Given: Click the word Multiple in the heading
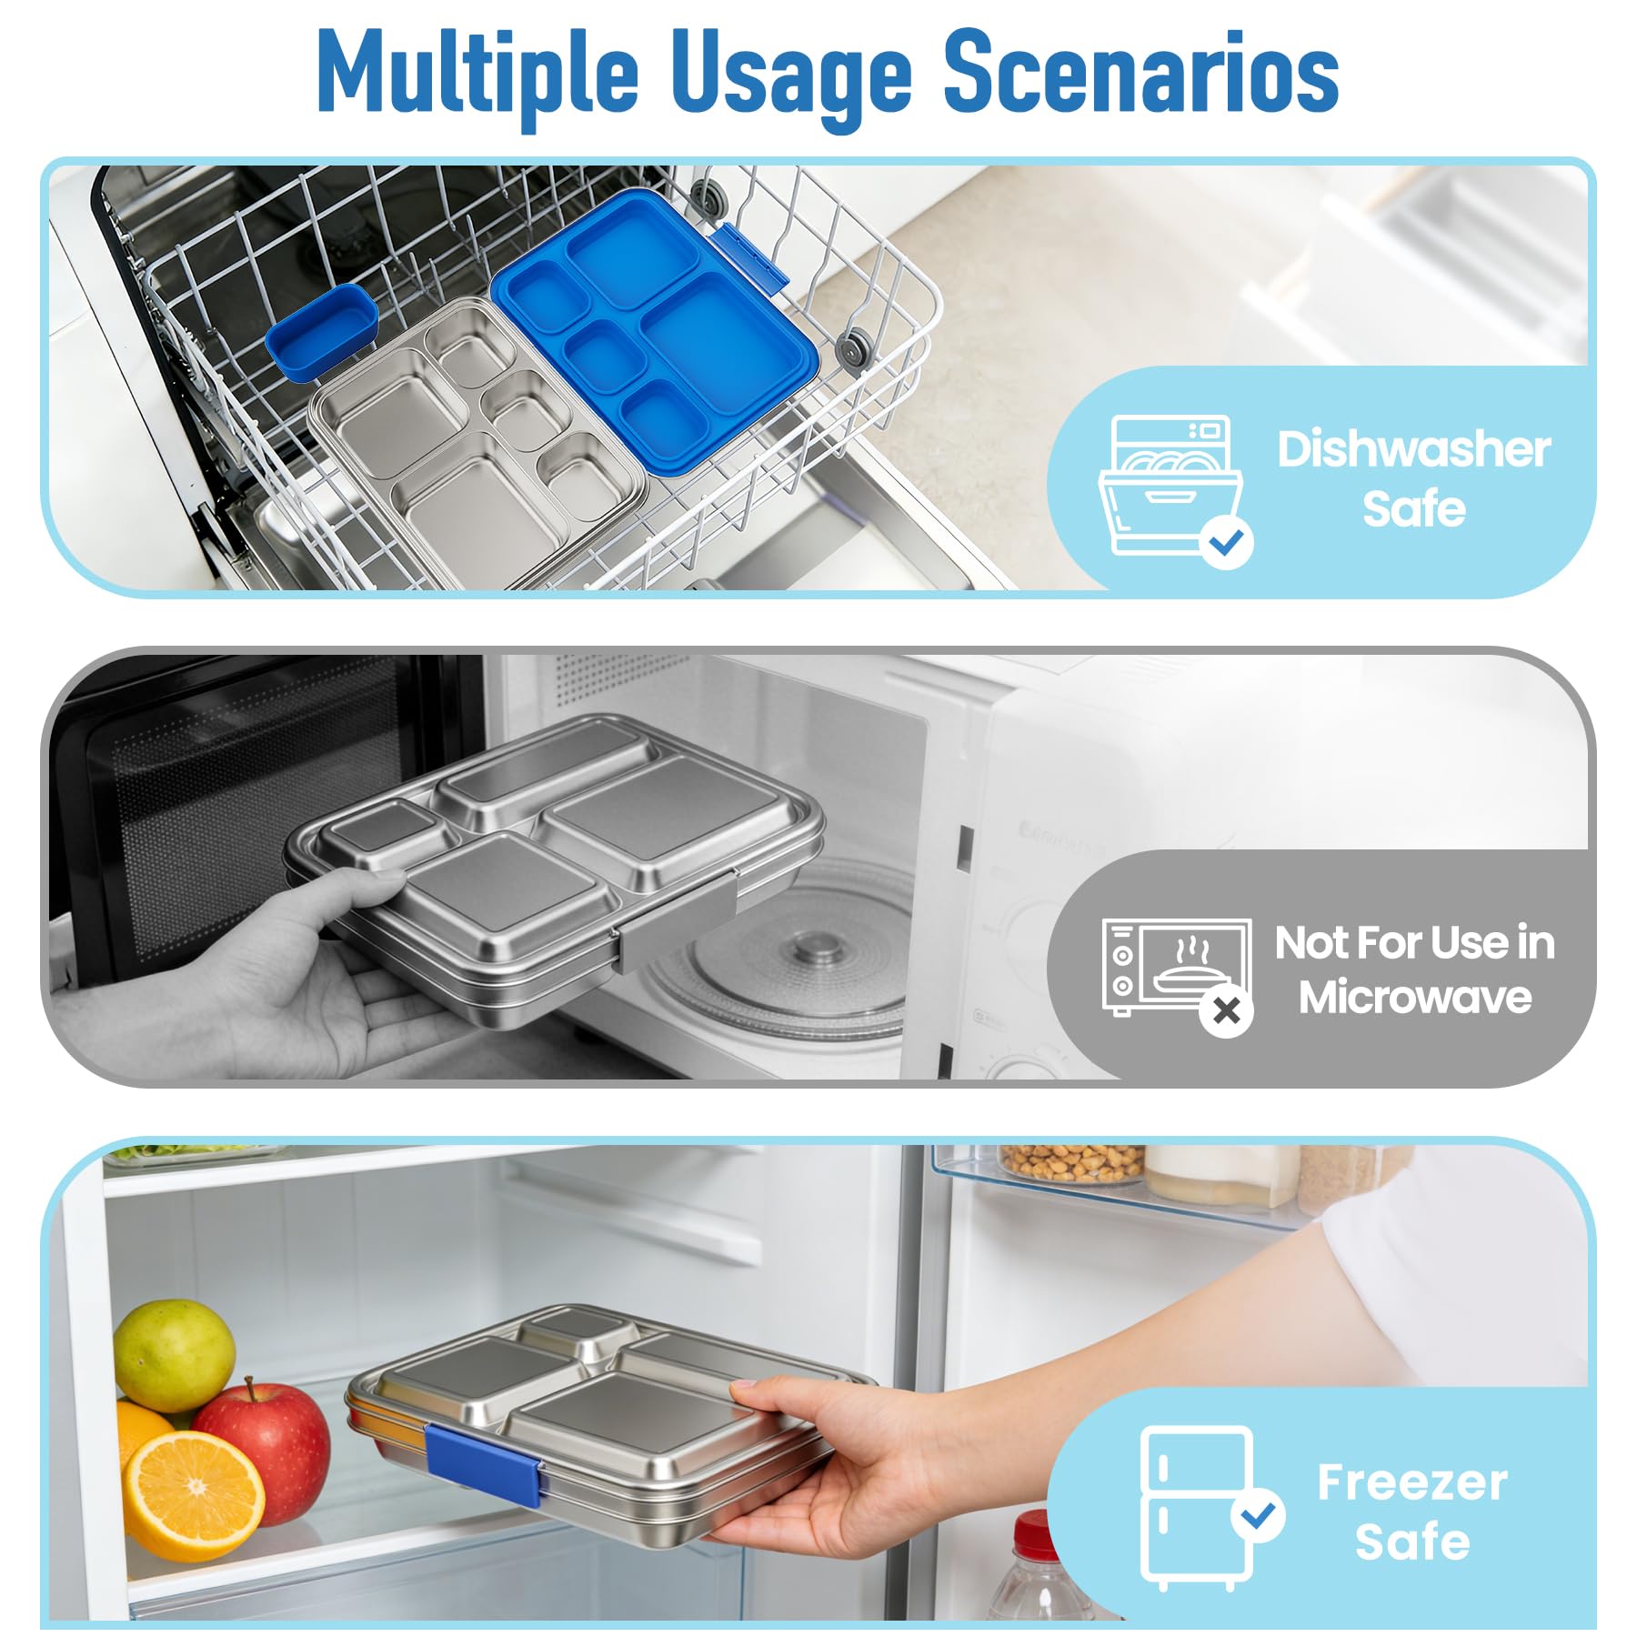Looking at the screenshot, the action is click(x=477, y=75).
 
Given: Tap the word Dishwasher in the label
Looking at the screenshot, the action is click(x=1413, y=449).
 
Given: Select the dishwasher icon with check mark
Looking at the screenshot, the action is click(x=1173, y=492).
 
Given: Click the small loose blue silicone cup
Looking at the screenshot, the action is click(x=322, y=330).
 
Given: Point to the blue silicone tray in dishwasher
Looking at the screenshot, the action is click(x=655, y=332).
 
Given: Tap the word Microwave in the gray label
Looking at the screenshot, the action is click(x=1414, y=998).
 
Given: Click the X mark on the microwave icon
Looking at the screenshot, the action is click(x=1226, y=1010).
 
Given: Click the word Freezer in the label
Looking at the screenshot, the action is click(x=1411, y=1482).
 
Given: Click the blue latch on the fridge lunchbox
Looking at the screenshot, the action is click(x=484, y=1471).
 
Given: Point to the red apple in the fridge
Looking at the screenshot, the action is click(x=264, y=1446).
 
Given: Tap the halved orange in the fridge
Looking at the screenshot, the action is click(x=194, y=1495).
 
